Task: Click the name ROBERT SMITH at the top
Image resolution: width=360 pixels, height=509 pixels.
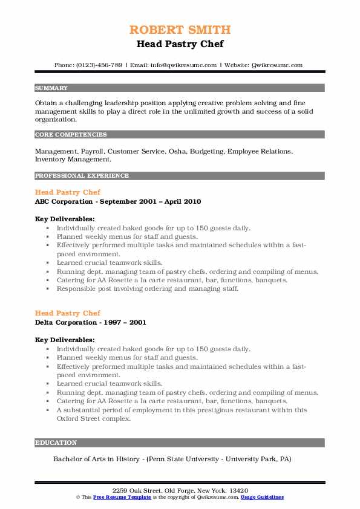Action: [180, 30]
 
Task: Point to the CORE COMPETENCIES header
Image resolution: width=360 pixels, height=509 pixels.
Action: [71, 135]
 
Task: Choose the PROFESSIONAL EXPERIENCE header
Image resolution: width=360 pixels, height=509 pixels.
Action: [82, 176]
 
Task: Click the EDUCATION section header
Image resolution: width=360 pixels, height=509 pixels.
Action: [56, 443]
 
